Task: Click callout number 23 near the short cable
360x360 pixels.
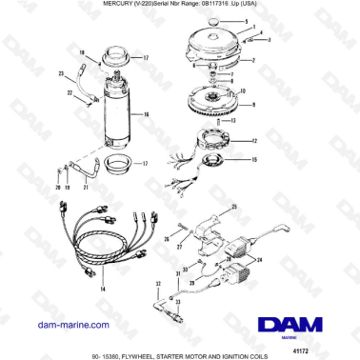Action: pos(61,72)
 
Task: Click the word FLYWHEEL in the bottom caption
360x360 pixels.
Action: pos(157,352)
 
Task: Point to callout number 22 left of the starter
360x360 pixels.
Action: pos(68,92)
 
